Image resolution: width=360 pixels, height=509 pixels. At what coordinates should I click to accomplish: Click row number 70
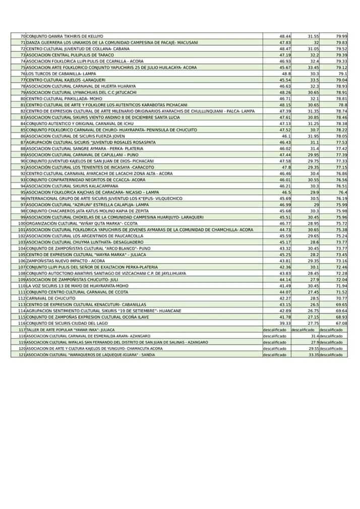pos(22,37)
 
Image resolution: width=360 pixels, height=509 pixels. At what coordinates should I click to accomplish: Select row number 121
pos(21,355)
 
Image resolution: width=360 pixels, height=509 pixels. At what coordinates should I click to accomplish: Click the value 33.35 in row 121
pos(313,355)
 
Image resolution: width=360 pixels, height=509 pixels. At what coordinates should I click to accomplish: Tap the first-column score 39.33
pos(285,323)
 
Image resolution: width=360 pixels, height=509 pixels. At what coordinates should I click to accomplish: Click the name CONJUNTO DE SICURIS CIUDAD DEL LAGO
pos(68,323)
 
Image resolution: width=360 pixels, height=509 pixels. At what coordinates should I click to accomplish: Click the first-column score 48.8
pos(286,74)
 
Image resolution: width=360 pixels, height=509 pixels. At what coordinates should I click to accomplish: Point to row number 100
pos(21,223)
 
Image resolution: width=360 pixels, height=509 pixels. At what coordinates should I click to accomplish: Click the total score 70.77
pos(341,298)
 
